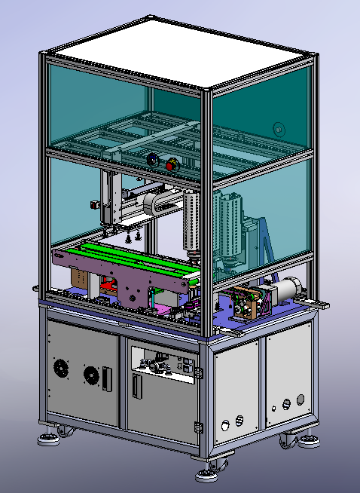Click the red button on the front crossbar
coord(171,163)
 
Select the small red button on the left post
coord(94,203)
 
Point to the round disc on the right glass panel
coord(279,129)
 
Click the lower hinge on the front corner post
coord(198,427)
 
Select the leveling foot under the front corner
coord(206,475)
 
